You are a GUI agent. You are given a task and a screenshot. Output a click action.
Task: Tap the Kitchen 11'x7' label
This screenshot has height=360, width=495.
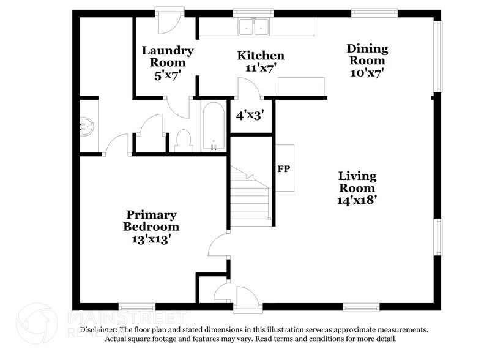pos(261,62)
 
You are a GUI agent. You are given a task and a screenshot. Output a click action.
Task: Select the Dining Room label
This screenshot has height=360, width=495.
pos(367,60)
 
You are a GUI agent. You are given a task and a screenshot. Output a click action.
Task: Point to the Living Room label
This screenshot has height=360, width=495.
pos(358,187)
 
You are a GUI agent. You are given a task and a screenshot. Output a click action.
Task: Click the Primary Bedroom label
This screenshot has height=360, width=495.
pos(151,227)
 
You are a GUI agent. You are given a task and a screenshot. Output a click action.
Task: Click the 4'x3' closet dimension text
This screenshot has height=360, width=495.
pos(250,114)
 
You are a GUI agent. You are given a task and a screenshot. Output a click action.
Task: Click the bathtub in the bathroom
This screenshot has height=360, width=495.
pos(214,126)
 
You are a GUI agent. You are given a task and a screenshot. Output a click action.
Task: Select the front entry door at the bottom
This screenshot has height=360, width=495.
pos(247,298)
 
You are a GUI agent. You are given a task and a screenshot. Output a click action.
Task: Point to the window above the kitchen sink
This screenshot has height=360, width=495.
pos(254,11)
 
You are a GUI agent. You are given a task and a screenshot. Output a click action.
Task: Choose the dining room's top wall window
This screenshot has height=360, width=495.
pos(374,11)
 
